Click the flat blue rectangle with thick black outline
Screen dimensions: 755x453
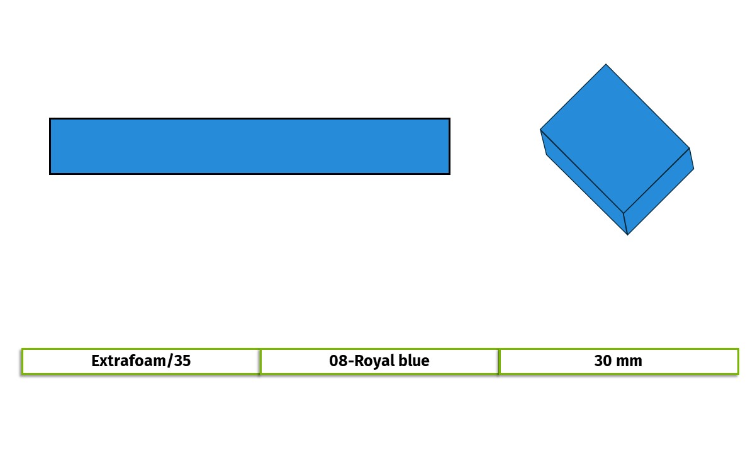tap(250, 146)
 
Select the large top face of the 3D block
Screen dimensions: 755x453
tap(615, 138)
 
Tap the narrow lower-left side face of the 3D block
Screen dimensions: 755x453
tap(584, 182)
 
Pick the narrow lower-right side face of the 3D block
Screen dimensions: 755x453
tap(659, 191)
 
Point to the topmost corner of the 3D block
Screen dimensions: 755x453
tap(606, 64)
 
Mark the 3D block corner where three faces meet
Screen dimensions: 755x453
tap(624, 213)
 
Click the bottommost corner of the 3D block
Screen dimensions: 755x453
tap(627, 235)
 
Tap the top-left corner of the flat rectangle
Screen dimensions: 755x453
tap(50, 118)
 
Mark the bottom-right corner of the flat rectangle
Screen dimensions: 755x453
tap(450, 174)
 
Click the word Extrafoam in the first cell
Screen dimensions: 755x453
tap(128, 361)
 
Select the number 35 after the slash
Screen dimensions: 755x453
tap(182, 361)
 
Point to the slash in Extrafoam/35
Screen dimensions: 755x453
tap(170, 361)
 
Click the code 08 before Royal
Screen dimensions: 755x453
tap(338, 361)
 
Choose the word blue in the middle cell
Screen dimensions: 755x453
tap(414, 361)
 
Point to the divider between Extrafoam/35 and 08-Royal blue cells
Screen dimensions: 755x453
tap(260, 361)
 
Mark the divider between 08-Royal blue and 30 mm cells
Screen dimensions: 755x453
tap(499, 361)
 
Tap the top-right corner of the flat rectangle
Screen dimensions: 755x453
tap(450, 118)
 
